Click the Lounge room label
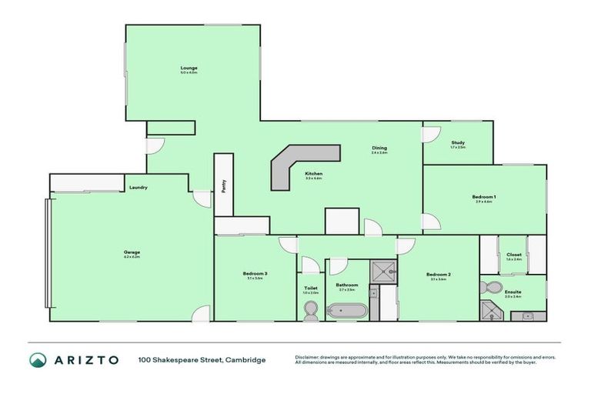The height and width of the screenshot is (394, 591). (x=189, y=68)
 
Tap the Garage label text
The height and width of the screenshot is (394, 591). (x=132, y=252)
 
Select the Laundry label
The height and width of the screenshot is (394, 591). (x=139, y=188)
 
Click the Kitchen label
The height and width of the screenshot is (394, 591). (x=313, y=174)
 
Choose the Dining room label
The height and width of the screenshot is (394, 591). (x=379, y=148)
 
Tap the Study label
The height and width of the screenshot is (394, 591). (x=458, y=142)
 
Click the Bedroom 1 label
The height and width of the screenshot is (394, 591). (x=484, y=197)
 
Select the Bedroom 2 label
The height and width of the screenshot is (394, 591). (x=439, y=275)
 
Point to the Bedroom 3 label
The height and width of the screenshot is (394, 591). (x=255, y=275)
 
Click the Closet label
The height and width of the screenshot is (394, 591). (x=514, y=255)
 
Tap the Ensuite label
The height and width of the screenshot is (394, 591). (x=513, y=292)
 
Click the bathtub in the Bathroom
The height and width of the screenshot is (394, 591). (x=346, y=311)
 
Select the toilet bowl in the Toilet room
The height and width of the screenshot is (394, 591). (x=311, y=310)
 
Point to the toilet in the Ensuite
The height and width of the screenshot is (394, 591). (x=489, y=288)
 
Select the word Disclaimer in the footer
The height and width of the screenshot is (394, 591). (x=309, y=357)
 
